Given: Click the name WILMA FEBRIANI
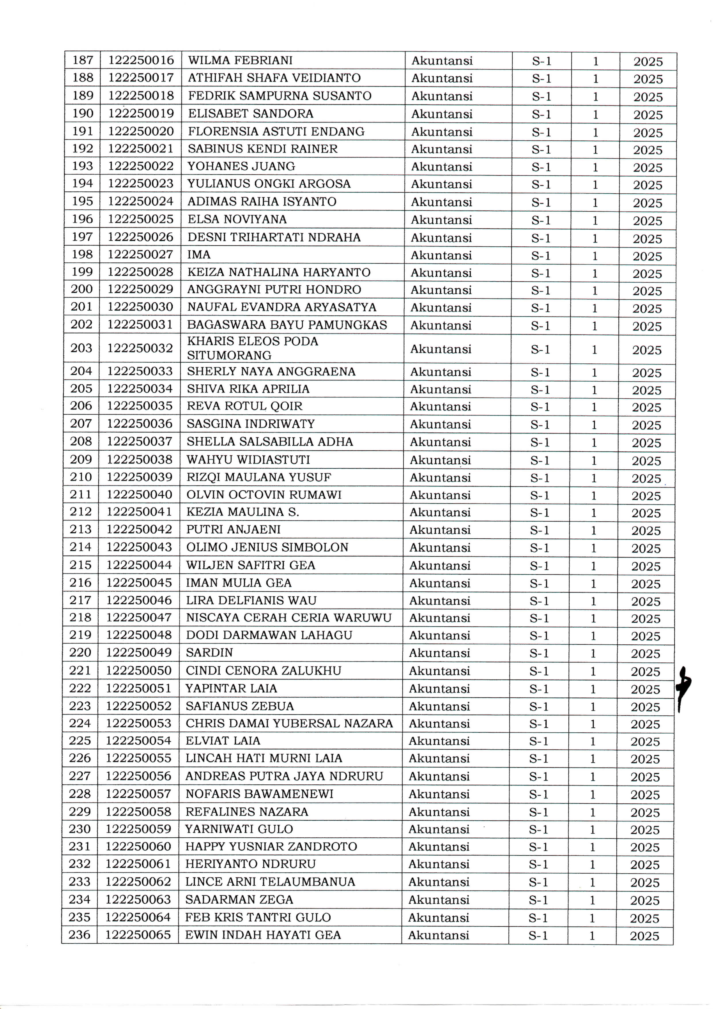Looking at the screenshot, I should (x=240, y=60).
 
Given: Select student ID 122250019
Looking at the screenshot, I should (x=141, y=113).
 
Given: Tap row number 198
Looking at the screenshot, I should (x=82, y=254).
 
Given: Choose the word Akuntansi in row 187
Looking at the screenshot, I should (x=441, y=61).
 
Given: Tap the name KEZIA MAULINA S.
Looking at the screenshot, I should (x=242, y=512).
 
